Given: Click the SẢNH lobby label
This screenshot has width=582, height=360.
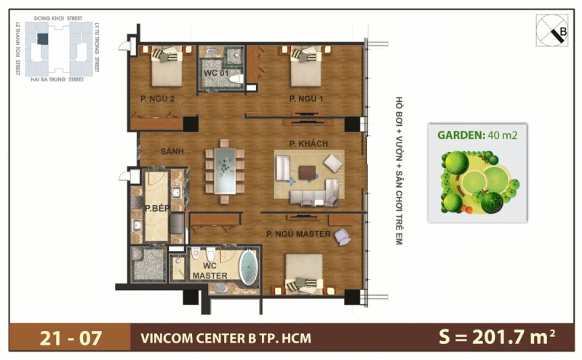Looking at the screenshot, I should tap(171, 151).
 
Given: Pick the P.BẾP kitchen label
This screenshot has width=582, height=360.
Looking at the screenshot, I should tap(156, 209).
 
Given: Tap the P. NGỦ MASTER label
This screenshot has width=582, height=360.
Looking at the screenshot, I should tap(298, 234).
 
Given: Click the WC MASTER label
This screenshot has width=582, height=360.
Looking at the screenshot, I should tap(210, 271).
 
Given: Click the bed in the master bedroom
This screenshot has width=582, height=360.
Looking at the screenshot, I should tap(303, 274).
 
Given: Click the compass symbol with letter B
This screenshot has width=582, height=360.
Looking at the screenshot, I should tap(551, 31).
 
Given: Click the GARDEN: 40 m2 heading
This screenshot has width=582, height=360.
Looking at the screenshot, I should tap(477, 135).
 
